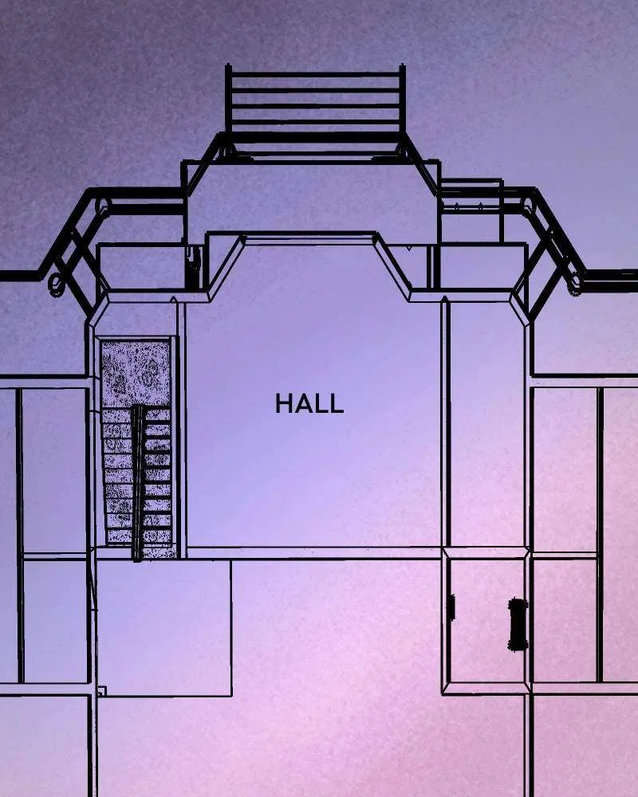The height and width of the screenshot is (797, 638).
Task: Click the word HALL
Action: click(x=309, y=403)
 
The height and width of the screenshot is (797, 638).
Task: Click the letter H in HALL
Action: click(x=283, y=403)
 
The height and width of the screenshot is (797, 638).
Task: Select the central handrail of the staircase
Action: click(x=138, y=483)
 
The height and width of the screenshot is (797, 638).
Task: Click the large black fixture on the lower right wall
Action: click(x=518, y=624)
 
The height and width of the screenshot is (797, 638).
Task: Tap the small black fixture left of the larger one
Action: click(x=451, y=607)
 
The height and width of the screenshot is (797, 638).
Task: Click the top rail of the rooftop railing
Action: click(x=316, y=75)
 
